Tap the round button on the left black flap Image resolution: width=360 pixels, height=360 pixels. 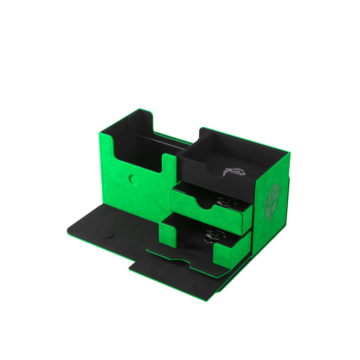(107, 235)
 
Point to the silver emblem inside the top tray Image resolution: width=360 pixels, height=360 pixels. (234, 172)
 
